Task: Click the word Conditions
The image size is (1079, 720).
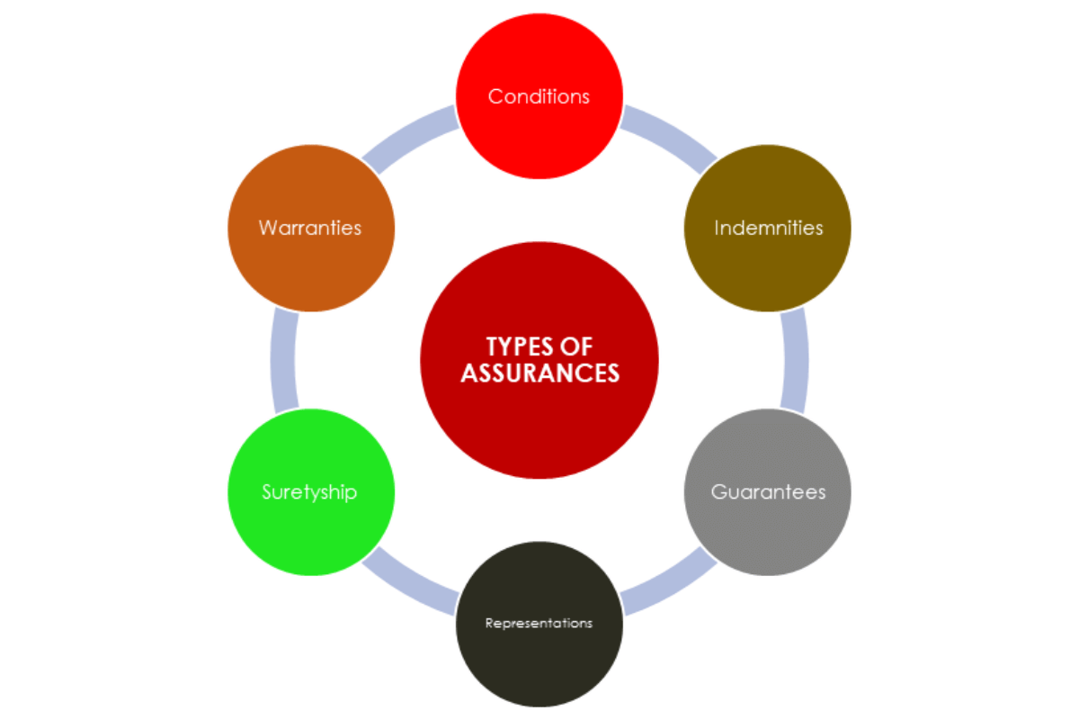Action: [x=539, y=96]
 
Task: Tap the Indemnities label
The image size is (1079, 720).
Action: [x=768, y=228]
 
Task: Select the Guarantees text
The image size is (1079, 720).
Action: [x=768, y=492]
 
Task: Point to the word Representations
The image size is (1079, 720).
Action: [x=539, y=623]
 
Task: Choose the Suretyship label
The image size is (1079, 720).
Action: [x=309, y=492]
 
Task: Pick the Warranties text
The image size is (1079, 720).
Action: [x=309, y=228]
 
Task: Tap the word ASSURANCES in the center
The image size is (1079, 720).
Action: [x=539, y=373]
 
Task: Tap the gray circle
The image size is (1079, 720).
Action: [x=768, y=531]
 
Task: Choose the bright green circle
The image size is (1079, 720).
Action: [x=311, y=531]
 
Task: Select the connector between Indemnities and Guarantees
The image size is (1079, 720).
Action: [x=795, y=360]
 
